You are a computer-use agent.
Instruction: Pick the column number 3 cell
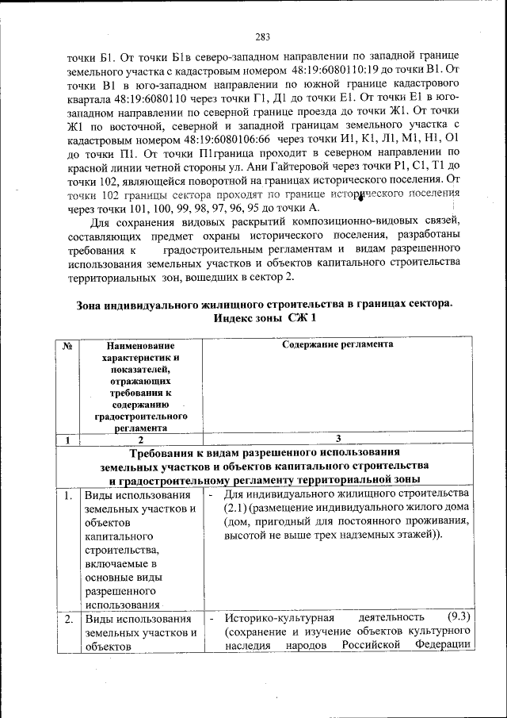point(338,440)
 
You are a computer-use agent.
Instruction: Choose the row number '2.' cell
point(69,618)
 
